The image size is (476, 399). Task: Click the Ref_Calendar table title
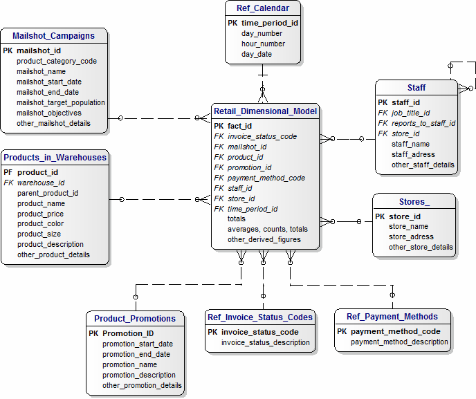tap(263, 8)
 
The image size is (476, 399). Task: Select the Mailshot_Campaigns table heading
tap(53, 36)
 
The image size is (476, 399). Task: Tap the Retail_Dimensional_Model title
tap(265, 111)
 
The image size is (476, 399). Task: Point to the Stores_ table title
tap(414, 202)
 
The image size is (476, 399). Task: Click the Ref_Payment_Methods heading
tap(392, 317)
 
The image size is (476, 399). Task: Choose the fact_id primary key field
tap(240, 126)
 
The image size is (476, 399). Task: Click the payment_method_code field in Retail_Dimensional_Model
tap(266, 178)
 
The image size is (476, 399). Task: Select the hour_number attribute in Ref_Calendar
tap(263, 44)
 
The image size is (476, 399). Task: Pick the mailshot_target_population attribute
tap(61, 103)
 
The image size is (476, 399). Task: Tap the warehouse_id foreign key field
tap(41, 183)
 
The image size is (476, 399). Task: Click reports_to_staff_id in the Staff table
tap(423, 124)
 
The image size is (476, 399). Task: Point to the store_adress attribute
tap(411, 236)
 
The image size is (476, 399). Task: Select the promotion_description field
tap(139, 375)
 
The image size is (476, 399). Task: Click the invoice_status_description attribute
tap(266, 342)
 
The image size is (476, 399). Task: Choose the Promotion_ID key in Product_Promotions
tap(128, 333)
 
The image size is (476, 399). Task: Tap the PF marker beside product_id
tap(8, 172)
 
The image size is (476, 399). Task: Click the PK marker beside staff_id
tap(383, 102)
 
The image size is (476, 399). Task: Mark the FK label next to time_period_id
tap(219, 209)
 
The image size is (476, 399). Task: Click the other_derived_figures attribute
tap(264, 240)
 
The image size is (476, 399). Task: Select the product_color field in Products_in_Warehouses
tap(40, 223)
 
